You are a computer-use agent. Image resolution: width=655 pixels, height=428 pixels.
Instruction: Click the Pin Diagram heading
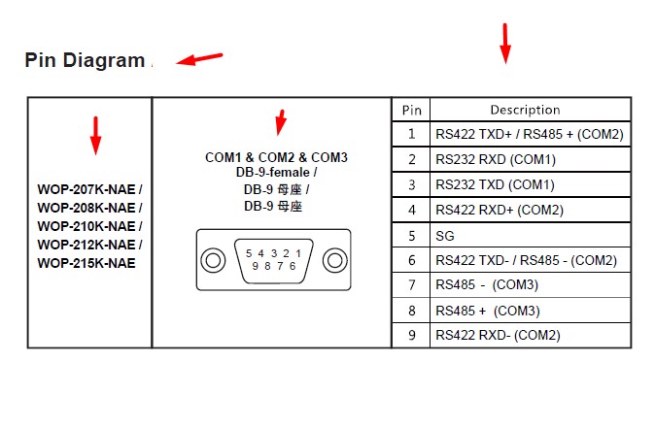coord(85,60)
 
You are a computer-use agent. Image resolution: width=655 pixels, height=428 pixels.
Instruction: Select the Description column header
coord(525,110)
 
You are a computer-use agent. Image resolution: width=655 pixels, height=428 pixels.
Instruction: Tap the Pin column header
coord(411,110)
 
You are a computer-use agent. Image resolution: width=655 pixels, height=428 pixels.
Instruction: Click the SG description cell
coord(445,236)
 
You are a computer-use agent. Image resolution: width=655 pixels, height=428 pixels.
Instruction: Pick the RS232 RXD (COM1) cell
coord(496,159)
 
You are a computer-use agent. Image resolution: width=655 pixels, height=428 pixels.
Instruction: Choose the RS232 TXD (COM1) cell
coord(495,184)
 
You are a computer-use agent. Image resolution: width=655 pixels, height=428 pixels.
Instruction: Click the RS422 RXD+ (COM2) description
coord(500,210)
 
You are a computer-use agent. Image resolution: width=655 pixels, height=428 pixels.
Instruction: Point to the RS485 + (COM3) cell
coord(488,311)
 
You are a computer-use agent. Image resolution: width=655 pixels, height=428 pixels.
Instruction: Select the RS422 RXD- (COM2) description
coord(498,335)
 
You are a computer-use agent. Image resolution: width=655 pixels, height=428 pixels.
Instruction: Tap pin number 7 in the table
coord(412,285)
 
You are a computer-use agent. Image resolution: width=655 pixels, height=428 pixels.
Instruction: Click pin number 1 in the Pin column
coord(412,134)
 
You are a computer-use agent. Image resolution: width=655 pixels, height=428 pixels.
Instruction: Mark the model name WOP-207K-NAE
coord(86,189)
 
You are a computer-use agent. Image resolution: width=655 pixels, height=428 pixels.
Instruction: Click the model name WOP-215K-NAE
coord(86,263)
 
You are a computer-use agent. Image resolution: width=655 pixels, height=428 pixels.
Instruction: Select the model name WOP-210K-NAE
coord(86,226)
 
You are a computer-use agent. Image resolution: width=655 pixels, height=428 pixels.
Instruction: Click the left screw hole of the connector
coord(213,260)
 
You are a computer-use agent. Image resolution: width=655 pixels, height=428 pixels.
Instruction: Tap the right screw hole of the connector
coord(334,260)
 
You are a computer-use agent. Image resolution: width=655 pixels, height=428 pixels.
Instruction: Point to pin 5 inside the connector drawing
coord(249,253)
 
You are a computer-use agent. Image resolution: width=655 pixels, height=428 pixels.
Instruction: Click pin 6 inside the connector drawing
coord(293,266)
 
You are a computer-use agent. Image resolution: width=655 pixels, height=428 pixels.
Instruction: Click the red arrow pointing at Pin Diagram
coord(199,59)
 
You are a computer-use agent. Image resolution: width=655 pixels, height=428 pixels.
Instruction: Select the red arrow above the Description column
coord(505,44)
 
